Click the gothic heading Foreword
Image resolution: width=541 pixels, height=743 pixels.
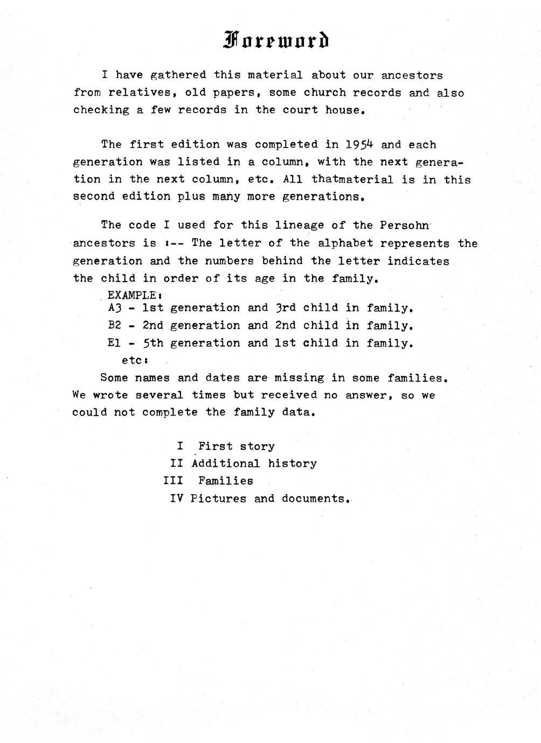[x=275, y=40]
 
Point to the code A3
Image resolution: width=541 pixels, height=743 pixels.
[x=116, y=309]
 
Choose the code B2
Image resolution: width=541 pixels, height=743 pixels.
[x=116, y=326]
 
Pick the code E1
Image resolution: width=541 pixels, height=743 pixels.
[x=115, y=343]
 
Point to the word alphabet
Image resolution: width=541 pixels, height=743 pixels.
[x=345, y=243]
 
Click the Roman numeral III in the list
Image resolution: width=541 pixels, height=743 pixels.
[x=173, y=481]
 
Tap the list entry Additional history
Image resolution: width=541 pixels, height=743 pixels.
[x=254, y=464]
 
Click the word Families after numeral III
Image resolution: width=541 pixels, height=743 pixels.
[x=225, y=481]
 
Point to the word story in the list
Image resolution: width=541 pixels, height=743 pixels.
[x=258, y=446]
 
